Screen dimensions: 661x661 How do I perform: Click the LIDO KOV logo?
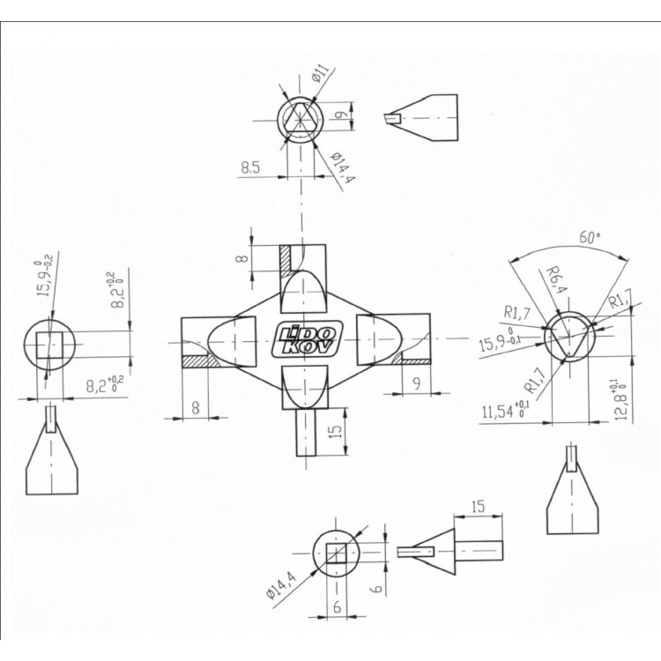coord(307,340)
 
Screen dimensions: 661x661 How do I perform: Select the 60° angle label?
coord(589,237)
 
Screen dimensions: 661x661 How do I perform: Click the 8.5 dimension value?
coord(250,167)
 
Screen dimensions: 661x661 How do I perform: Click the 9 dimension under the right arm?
coord(417,383)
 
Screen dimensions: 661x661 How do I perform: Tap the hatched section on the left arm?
coord(201,361)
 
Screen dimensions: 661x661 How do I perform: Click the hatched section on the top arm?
coord(286,262)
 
